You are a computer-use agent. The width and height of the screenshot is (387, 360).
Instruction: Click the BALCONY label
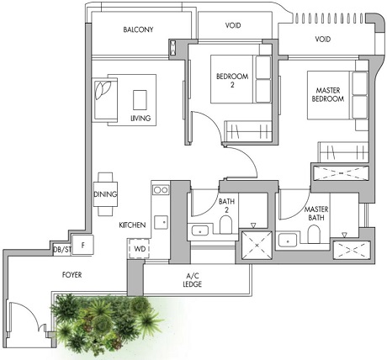click(138, 29)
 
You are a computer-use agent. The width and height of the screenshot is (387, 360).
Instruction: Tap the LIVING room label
click(140, 119)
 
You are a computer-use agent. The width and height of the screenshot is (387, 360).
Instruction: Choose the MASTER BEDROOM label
click(327, 94)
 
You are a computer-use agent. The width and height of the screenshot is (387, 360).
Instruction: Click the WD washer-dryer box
click(138, 249)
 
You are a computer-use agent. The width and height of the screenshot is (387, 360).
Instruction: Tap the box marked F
click(83, 246)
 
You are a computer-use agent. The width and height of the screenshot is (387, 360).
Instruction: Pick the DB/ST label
click(61, 250)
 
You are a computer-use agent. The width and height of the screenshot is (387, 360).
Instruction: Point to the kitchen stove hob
click(160, 190)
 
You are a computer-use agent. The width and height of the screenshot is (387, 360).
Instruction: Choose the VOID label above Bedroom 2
click(233, 26)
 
